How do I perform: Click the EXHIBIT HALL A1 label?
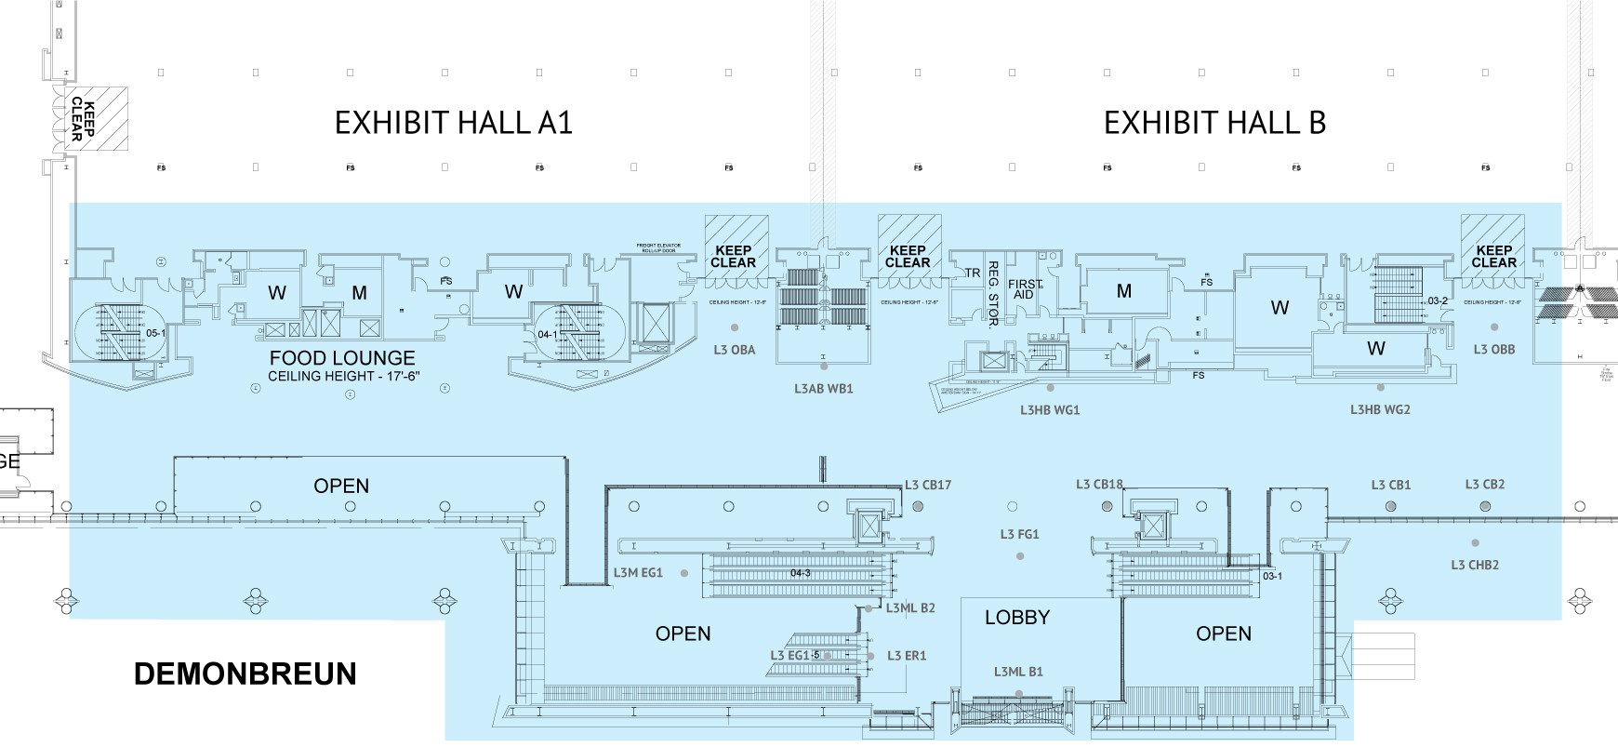point(453,123)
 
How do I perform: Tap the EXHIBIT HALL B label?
point(1213,123)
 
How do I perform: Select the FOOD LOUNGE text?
point(342,358)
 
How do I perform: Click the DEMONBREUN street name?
point(245,674)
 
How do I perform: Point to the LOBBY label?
point(1017,618)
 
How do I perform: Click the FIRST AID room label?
point(1025,289)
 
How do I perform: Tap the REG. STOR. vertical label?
point(993,294)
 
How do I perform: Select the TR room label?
point(973,273)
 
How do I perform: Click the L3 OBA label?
point(735,350)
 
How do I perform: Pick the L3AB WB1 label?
point(823,389)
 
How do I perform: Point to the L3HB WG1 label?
point(1050,409)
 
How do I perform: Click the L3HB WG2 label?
point(1380,409)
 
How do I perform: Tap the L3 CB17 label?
point(928,485)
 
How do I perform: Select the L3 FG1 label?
point(1019,534)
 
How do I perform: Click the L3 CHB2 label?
point(1475,565)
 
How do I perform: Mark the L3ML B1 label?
point(1018,672)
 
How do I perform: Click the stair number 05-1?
point(155,333)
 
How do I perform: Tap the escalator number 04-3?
point(801,573)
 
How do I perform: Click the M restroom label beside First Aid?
point(1124,291)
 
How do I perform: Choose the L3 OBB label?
point(1494,350)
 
